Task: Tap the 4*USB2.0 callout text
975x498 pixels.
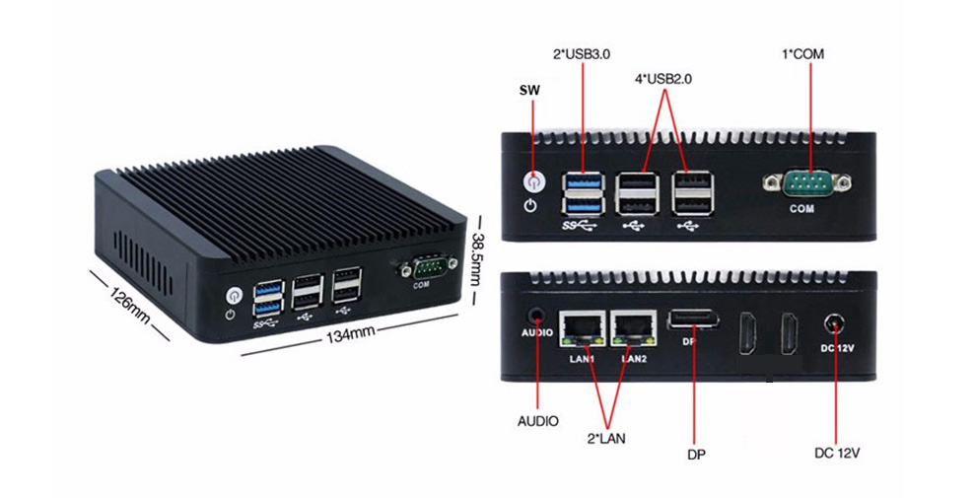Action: point(664,78)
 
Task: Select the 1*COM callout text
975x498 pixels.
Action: point(802,53)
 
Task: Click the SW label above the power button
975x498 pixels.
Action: point(529,90)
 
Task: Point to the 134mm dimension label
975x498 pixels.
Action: point(350,332)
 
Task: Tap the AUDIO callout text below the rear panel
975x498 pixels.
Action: point(538,421)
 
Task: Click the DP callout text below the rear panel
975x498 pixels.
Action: point(696,455)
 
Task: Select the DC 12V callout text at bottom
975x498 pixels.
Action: point(837,454)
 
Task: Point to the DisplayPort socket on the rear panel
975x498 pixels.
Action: point(693,320)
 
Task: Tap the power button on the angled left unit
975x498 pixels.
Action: point(234,295)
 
